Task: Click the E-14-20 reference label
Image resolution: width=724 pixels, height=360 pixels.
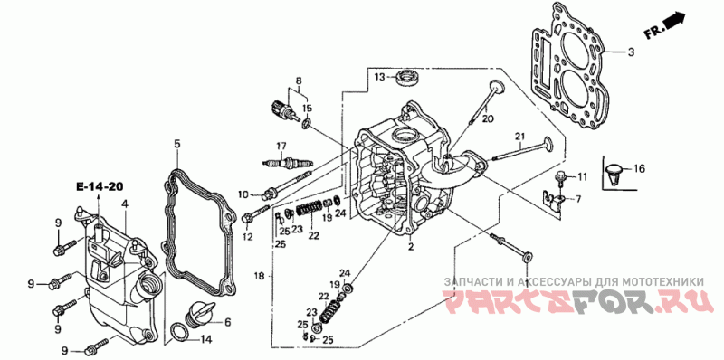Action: tap(100, 187)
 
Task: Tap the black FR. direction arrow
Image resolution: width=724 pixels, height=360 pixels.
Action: tap(674, 20)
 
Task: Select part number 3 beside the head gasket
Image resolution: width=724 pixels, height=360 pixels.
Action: tap(631, 52)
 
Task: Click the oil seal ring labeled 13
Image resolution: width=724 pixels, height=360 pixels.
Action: tap(409, 77)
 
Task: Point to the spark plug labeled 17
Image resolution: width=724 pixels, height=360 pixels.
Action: tap(289, 163)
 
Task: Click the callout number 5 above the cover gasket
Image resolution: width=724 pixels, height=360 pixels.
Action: tap(177, 144)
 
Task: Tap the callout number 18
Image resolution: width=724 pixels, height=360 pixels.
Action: tap(260, 276)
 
